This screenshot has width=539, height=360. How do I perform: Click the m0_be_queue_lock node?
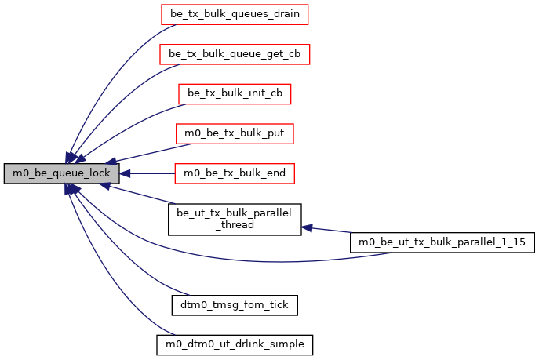click(x=62, y=173)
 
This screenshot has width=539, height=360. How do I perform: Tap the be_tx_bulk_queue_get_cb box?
click(x=235, y=54)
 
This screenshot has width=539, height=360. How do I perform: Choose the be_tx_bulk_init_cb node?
click(x=235, y=93)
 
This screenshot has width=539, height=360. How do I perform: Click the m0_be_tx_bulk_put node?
click(x=235, y=133)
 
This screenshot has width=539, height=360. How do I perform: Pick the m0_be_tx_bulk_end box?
click(x=235, y=173)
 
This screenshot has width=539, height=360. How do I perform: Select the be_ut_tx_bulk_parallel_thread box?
click(x=235, y=219)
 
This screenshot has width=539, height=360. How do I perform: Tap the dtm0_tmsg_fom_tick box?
click(x=235, y=302)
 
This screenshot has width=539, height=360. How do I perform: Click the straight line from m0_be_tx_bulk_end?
click(x=149, y=173)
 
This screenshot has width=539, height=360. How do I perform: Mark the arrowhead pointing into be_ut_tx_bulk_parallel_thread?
click(x=308, y=227)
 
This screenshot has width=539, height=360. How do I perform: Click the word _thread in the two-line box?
click(x=235, y=225)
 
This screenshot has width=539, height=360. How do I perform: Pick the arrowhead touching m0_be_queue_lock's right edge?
click(x=126, y=173)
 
